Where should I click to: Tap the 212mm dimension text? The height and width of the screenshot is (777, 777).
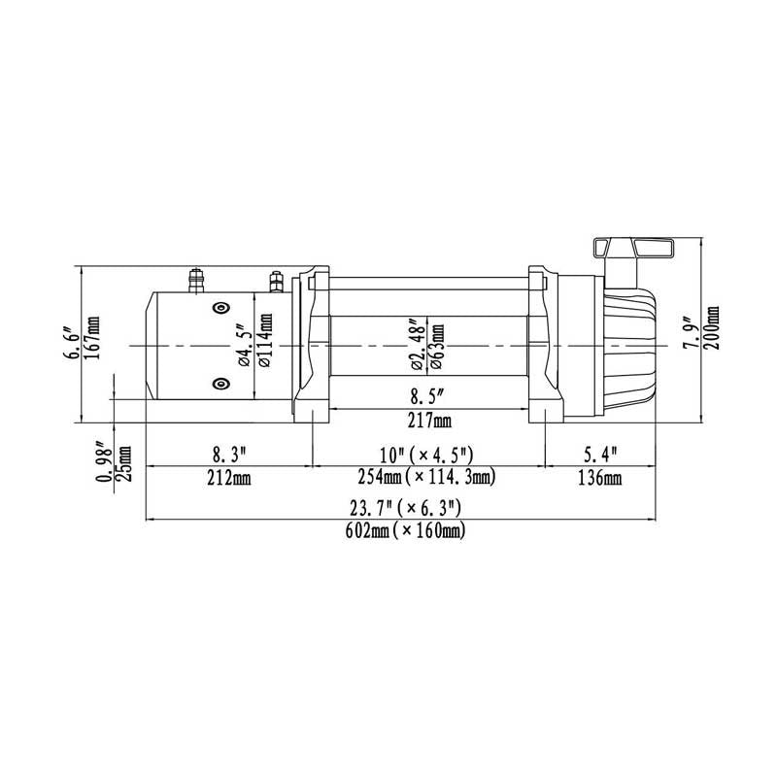[228, 479]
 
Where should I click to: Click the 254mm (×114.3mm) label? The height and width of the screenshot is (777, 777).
[427, 479]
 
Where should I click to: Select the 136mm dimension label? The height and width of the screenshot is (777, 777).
[599, 479]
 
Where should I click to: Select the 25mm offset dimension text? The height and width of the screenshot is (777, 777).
[124, 469]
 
